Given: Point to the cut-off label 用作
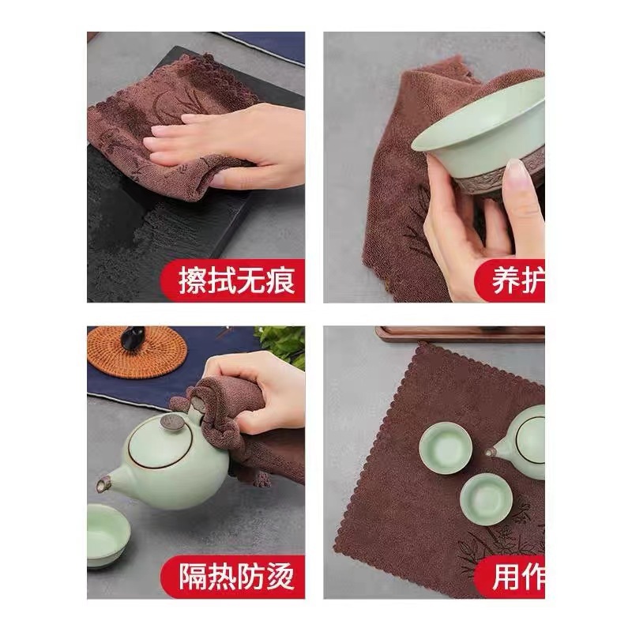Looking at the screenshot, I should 515,575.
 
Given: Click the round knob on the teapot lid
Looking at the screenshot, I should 173,423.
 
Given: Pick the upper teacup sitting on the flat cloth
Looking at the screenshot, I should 446,447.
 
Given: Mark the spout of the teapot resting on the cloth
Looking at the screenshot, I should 492,452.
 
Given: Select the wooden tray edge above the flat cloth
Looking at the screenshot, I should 458,333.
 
